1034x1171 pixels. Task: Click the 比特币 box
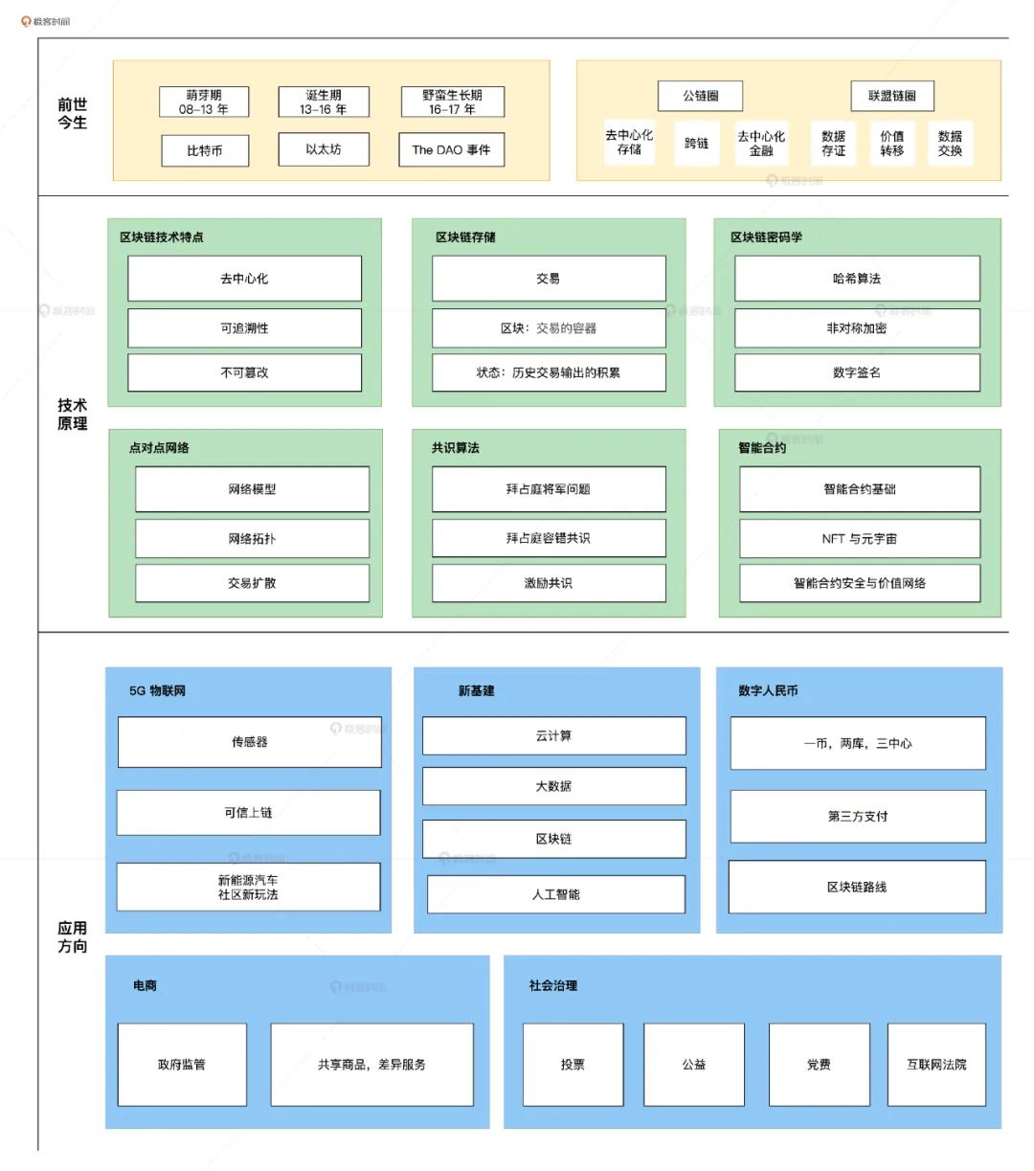pyautogui.click(x=205, y=150)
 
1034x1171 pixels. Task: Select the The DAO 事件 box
pyautogui.click(x=451, y=149)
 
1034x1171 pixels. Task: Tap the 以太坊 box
pyautogui.click(x=324, y=149)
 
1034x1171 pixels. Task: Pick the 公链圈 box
pyautogui.click(x=701, y=96)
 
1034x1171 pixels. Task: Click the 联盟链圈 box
pyautogui.click(x=892, y=96)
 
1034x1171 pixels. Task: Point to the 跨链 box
pyautogui.click(x=697, y=144)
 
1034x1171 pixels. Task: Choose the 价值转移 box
pyautogui.click(x=892, y=144)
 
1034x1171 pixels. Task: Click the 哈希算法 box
pyautogui.click(x=857, y=279)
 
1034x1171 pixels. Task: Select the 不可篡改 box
pyautogui.click(x=245, y=372)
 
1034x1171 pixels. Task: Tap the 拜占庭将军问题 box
pyautogui.click(x=549, y=489)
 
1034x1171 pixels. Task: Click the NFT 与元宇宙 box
pyautogui.click(x=860, y=539)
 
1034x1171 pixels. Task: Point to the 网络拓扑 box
pyautogui.click(x=252, y=539)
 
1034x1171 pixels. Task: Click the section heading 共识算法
pyautogui.click(x=456, y=448)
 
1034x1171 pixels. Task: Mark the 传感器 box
pyautogui.click(x=250, y=742)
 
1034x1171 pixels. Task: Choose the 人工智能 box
pyautogui.click(x=556, y=894)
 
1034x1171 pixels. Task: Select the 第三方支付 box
pyautogui.click(x=858, y=817)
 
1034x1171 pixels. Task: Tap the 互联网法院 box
pyautogui.click(x=936, y=1065)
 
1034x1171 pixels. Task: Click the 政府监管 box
pyautogui.click(x=182, y=1065)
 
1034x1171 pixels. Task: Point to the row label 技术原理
pyautogui.click(x=72, y=415)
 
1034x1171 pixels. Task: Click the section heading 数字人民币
pyautogui.click(x=768, y=691)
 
